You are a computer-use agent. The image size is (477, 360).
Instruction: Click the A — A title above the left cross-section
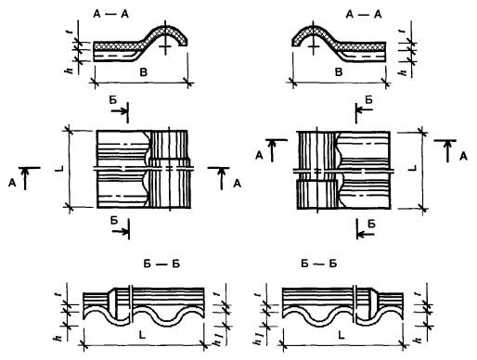pyautogui.click(x=110, y=14)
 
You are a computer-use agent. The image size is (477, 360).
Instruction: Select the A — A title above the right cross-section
pyautogui.click(x=364, y=14)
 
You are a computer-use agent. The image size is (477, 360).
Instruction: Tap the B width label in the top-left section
pyautogui.click(x=144, y=72)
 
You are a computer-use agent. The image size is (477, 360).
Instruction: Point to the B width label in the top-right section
pyautogui.click(x=339, y=72)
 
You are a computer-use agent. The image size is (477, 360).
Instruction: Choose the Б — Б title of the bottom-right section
pyautogui.click(x=318, y=264)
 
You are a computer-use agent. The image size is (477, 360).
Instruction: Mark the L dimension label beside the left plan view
pyautogui.click(x=60, y=168)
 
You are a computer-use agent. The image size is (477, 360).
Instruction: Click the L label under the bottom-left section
pyautogui.click(x=142, y=335)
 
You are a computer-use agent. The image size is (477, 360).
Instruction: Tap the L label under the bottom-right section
pyautogui.click(x=341, y=335)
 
